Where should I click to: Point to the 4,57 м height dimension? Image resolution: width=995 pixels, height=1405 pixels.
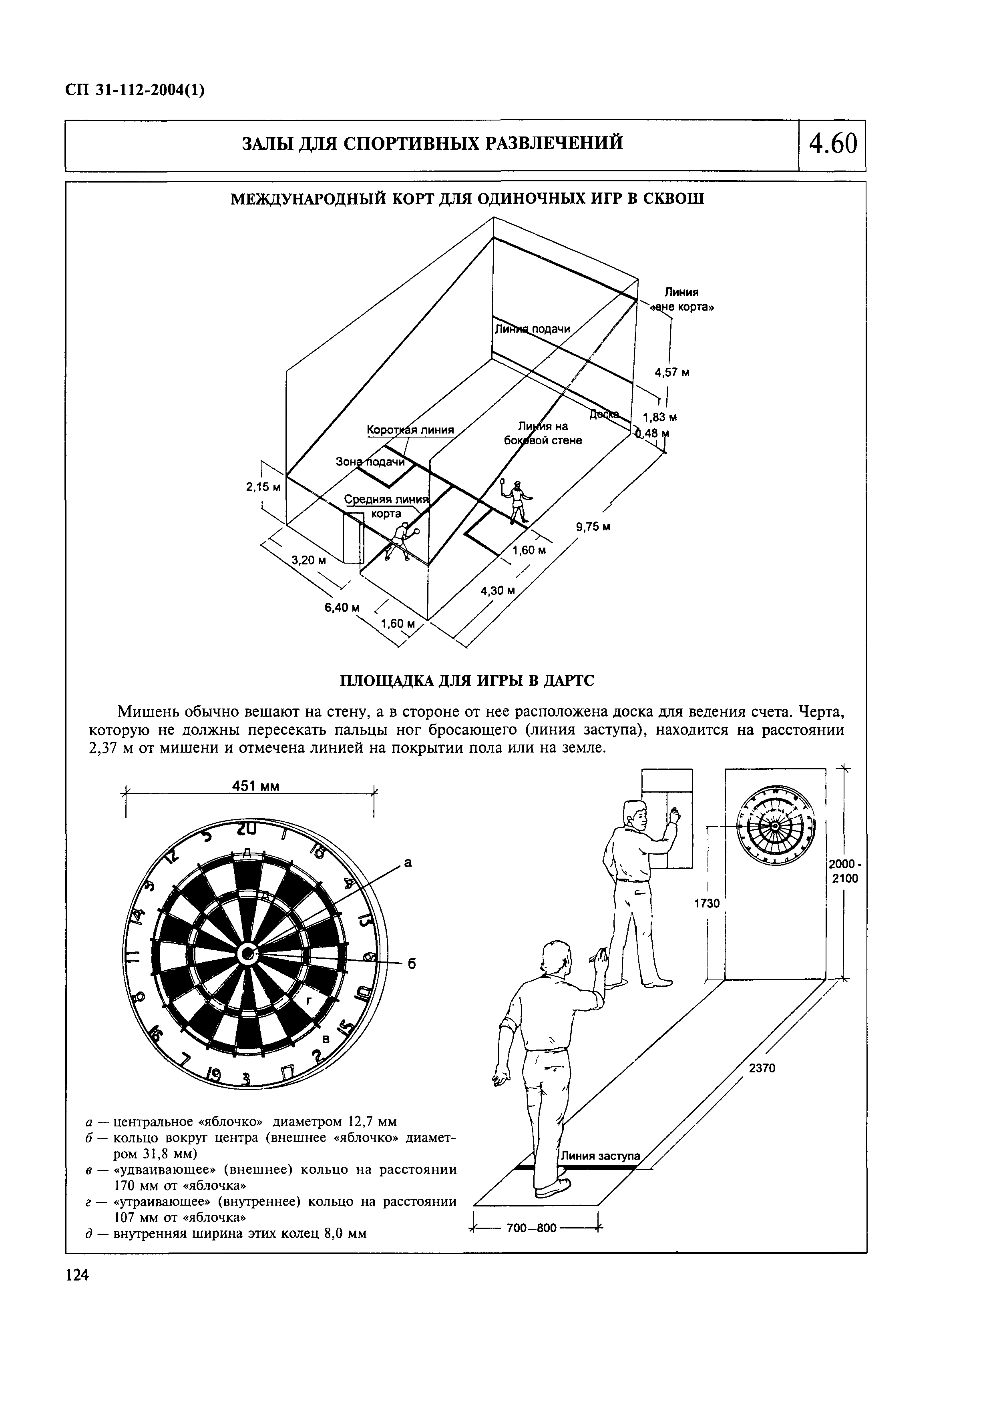[672, 372]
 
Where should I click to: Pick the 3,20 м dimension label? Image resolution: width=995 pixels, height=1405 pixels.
[309, 560]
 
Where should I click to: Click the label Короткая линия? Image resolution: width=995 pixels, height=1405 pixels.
[410, 430]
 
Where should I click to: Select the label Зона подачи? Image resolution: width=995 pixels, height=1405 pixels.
[371, 462]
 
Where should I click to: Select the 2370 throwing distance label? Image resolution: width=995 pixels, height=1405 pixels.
[762, 1068]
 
